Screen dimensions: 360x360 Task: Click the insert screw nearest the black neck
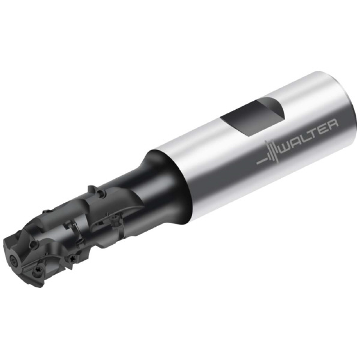[114, 218]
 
